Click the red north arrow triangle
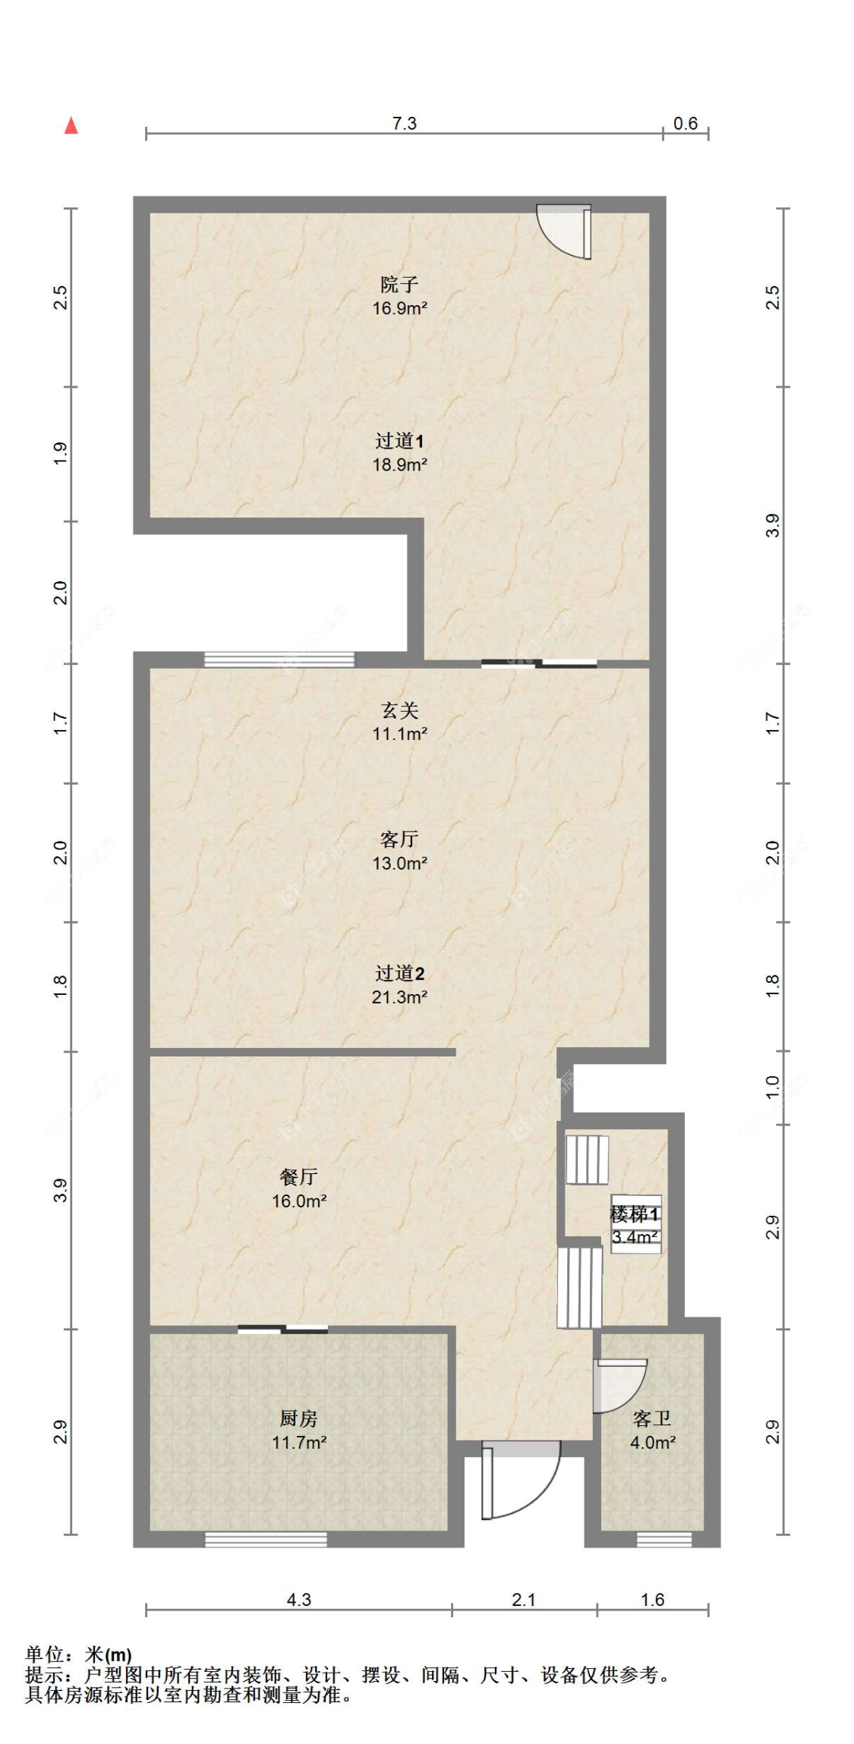(71, 125)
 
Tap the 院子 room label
(399, 285)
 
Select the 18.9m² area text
(399, 464)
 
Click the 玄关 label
(399, 710)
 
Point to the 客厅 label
(399, 839)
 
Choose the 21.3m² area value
(399, 997)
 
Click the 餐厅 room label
(299, 1177)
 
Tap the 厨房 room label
(299, 1418)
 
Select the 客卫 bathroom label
(652, 1418)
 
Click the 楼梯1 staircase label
(635, 1214)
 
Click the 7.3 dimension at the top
(405, 123)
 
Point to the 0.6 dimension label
(685, 123)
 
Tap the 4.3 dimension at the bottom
(299, 1600)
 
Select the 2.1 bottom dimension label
(524, 1600)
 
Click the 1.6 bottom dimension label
(652, 1600)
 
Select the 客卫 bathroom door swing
(619, 1386)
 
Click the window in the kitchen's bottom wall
(266, 1540)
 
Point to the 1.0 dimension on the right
(773, 1088)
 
